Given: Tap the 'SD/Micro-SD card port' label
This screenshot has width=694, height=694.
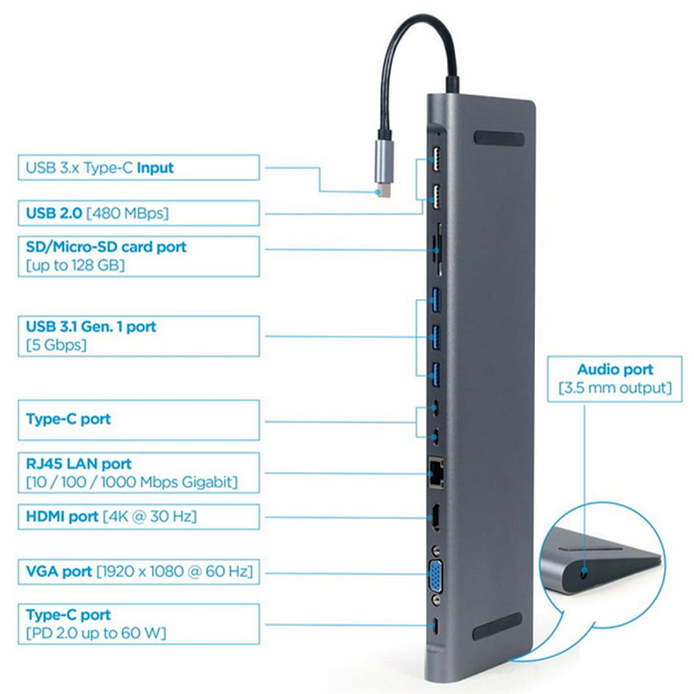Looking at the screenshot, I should [x=105, y=247].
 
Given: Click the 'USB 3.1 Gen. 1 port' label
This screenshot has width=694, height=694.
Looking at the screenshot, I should [x=91, y=327].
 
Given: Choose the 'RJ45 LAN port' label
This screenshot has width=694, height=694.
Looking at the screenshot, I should [x=79, y=463].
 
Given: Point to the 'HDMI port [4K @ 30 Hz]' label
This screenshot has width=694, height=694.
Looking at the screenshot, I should [x=111, y=517].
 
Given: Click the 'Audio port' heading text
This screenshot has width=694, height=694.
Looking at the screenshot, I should [x=615, y=370].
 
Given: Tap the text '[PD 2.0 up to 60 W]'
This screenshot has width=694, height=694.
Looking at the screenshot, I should [x=95, y=633].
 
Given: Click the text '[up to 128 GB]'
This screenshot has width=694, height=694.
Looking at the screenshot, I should [x=75, y=264].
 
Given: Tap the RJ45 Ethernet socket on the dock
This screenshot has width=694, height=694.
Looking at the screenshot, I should [x=435, y=471].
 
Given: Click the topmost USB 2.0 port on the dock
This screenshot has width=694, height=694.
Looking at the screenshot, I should [x=434, y=163].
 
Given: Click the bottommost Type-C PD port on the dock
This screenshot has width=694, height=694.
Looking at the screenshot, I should [x=436, y=625].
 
